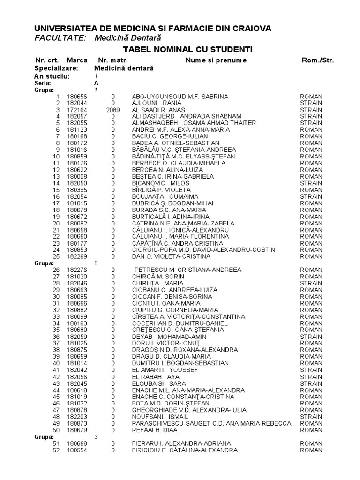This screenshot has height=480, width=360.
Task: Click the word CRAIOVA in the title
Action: [x=248, y=29]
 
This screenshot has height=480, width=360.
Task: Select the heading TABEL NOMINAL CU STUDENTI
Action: [x=187, y=49]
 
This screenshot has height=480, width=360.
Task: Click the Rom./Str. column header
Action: [x=318, y=60]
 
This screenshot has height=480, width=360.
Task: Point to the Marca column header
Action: [x=77, y=60]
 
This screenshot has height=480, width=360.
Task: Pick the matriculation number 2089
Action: [x=113, y=110]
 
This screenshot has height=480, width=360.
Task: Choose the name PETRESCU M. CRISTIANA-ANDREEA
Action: [x=188, y=270]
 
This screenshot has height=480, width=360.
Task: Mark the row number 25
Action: [x=57, y=256]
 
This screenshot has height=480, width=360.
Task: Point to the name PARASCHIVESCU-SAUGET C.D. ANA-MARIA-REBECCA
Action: [x=211, y=423]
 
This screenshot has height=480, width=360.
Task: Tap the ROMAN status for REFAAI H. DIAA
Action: [x=311, y=429]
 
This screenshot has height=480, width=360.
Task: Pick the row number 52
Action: [x=57, y=450]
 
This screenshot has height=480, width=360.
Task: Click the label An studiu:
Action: [x=52, y=76]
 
